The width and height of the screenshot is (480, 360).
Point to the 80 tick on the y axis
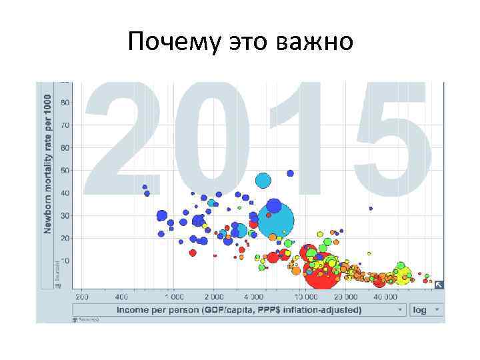pos(65,103)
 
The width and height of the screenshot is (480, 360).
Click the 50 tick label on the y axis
pos(65,170)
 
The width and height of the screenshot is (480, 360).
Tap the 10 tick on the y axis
pos(65,261)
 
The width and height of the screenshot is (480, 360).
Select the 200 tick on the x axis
pos(83,296)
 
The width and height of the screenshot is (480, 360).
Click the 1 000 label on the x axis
pos(175,296)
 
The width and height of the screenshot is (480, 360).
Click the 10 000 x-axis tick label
pos(308,296)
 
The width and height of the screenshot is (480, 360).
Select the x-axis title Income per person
pos(239,310)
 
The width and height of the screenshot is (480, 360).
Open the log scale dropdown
pos(427,310)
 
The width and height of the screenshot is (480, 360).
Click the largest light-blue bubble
pos(276,221)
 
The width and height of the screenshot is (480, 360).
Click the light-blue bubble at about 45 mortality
pos(263,180)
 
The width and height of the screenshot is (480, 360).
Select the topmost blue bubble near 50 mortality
pos(290,173)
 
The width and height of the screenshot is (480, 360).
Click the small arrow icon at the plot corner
pos(439,285)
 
